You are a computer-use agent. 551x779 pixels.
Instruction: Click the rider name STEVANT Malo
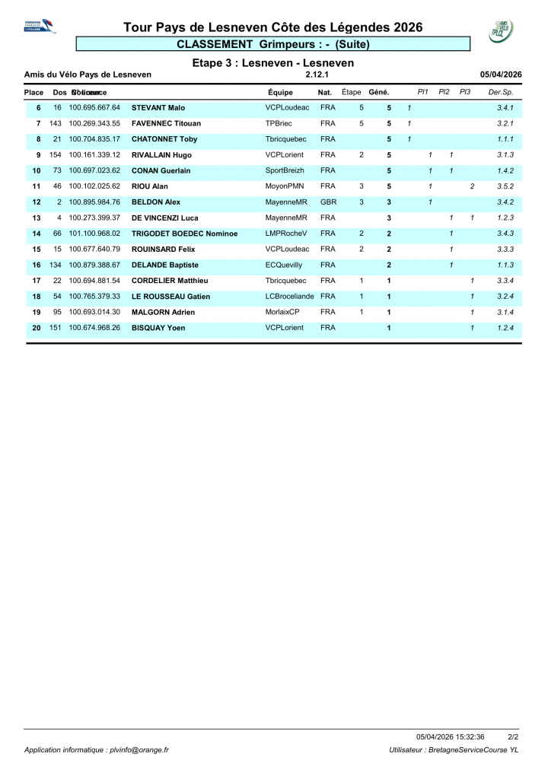coord(158,108)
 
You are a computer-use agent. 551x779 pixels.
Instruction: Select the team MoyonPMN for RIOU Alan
coord(284,186)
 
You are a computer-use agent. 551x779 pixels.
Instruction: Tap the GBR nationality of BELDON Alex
coord(328,202)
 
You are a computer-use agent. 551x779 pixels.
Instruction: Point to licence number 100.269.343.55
coord(94,123)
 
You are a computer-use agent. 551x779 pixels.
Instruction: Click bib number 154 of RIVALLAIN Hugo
coord(55,155)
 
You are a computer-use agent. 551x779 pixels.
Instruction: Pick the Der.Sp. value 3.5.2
coord(505,186)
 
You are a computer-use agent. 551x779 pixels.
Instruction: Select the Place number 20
coord(36,328)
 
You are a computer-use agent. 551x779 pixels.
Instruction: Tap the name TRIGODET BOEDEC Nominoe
coord(185,234)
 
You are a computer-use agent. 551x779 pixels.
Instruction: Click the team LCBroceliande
coord(289,297)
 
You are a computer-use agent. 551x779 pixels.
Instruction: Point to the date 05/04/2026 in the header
coord(501,75)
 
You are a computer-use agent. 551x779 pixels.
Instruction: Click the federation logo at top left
coord(40,27)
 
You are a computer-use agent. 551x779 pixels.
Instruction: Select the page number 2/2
coord(513,736)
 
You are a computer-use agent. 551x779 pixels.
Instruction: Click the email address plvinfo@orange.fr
coord(138,750)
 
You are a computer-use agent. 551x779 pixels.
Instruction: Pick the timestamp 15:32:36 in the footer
coord(470,736)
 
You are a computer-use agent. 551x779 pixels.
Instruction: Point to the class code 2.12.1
coord(316,75)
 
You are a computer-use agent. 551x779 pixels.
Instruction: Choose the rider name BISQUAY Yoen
coord(158,328)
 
